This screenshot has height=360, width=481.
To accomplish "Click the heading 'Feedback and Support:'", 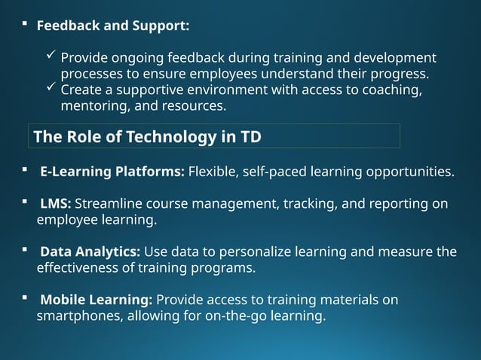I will pyautogui.click(x=113, y=26).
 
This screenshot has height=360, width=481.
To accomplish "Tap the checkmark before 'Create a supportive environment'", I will pyautogui.click(x=50, y=88).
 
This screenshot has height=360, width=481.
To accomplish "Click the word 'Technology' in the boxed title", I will pyautogui.click(x=171, y=137).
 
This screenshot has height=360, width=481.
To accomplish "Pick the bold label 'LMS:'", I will pyautogui.click(x=56, y=204).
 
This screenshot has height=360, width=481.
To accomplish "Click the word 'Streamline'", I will pyautogui.click(x=109, y=204).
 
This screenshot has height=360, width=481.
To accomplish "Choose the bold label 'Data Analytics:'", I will pyautogui.click(x=90, y=252).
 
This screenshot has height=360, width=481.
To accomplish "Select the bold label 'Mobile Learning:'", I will pyautogui.click(x=96, y=300).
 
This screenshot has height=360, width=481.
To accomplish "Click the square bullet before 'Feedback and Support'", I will pyautogui.click(x=25, y=25).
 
